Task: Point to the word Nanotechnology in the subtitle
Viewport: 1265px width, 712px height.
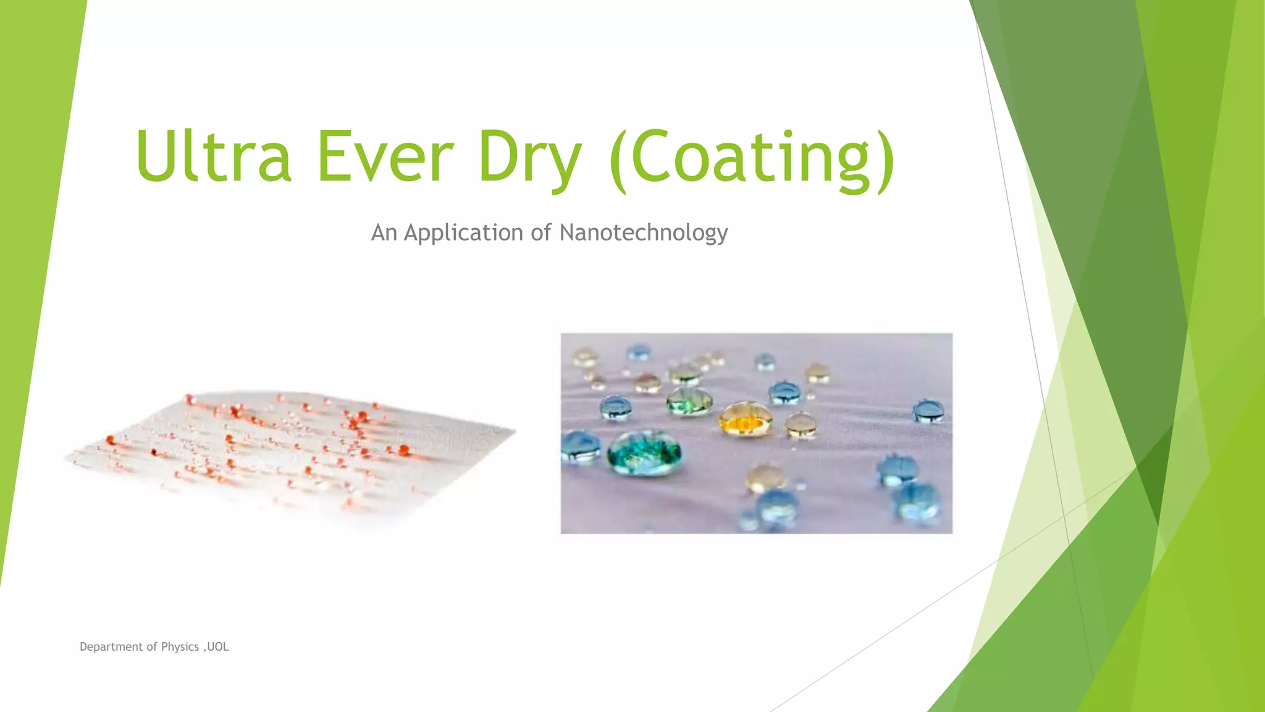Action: point(643,233)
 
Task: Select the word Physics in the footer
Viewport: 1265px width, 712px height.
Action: point(180,646)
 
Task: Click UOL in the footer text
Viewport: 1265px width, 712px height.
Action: point(218,646)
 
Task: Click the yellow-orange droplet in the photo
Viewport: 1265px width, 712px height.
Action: point(746,418)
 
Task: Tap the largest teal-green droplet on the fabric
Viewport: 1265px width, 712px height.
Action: point(644,453)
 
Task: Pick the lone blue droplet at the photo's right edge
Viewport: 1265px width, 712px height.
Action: point(928,410)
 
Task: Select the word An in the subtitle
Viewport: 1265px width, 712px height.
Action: point(384,233)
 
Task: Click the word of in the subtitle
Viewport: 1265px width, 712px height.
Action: point(540,233)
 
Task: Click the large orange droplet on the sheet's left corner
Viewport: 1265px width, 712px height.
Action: point(111,440)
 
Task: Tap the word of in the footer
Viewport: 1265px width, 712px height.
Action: point(151,646)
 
